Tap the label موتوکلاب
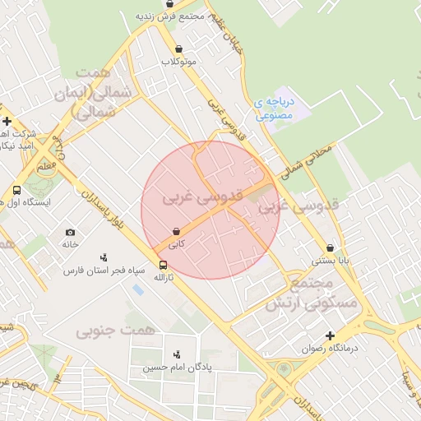pos(178,62)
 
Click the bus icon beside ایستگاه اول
pos(16,191)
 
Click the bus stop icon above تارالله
pos(163,265)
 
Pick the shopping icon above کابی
pos(176,233)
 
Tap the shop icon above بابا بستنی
pos(330,248)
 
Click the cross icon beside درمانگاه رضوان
pos(330,335)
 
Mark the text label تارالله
pos(163,278)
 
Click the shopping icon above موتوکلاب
pos(178,49)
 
